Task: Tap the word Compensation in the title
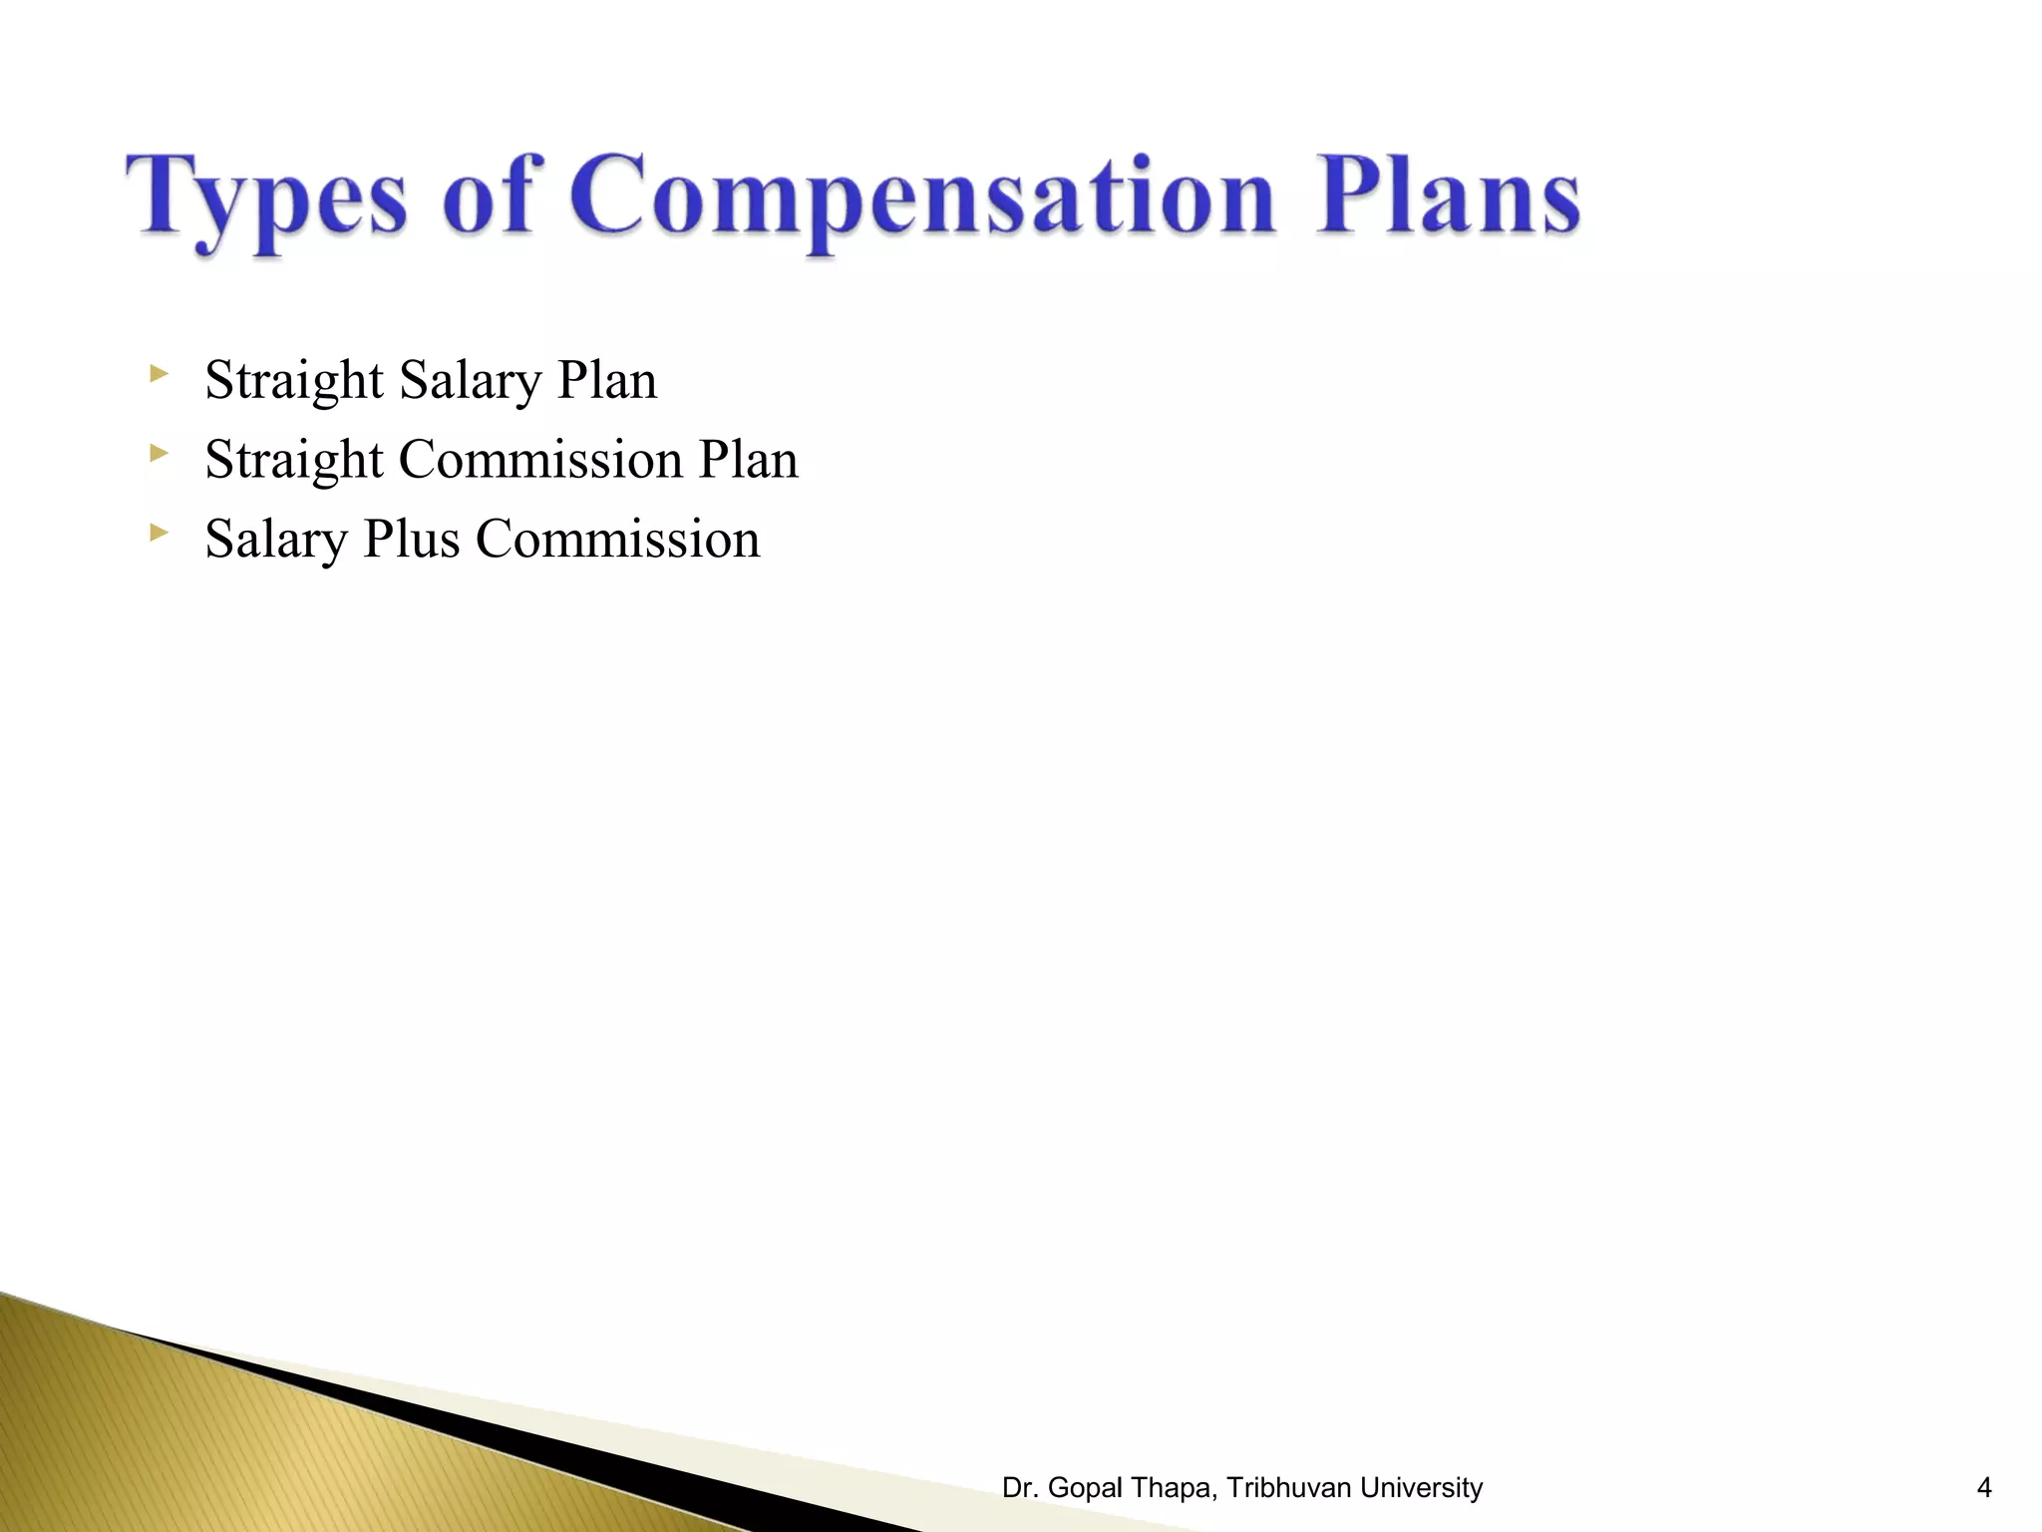coord(922,197)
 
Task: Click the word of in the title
coord(488,194)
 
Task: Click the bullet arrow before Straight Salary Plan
coord(158,375)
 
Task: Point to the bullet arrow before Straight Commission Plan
coord(158,454)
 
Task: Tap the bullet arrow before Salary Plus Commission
coord(158,534)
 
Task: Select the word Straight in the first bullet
coord(294,381)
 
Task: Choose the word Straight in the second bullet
coord(294,461)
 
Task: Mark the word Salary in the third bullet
coord(276,541)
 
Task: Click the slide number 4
coord(1984,1488)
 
